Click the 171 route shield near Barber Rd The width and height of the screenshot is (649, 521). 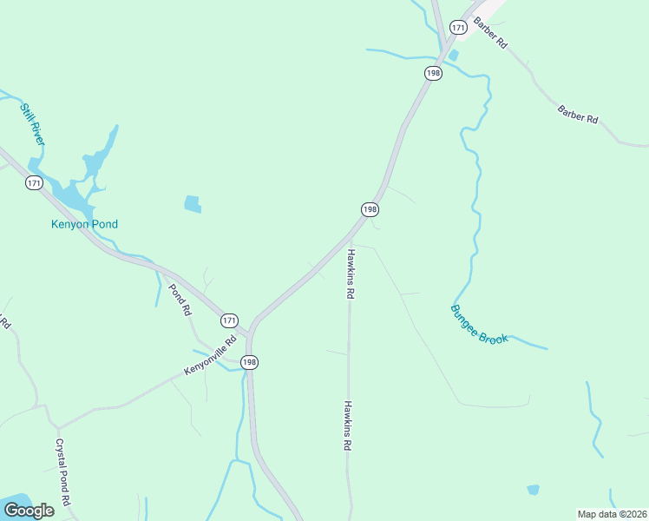[x=459, y=28]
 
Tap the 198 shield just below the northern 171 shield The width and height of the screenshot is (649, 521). [x=433, y=73]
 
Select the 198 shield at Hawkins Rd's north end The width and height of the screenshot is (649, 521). [x=370, y=209]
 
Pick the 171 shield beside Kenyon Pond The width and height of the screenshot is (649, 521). [x=34, y=182]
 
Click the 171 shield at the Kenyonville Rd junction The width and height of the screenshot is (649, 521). [x=228, y=320]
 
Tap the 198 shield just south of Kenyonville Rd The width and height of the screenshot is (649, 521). [x=250, y=362]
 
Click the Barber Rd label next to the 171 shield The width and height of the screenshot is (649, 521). [x=490, y=32]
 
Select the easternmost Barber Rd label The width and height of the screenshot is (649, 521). [x=579, y=114]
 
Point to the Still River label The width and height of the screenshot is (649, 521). [x=33, y=124]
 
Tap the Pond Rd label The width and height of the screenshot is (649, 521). [x=180, y=299]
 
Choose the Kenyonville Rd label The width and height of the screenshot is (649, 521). [x=210, y=356]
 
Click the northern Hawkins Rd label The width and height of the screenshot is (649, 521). [x=351, y=274]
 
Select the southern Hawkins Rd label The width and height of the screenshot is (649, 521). [x=347, y=425]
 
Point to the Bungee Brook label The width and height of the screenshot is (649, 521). [x=479, y=324]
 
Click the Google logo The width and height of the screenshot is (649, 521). [x=29, y=511]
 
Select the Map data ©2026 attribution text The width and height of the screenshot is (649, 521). [x=612, y=513]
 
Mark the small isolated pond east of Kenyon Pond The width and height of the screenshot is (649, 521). [x=193, y=205]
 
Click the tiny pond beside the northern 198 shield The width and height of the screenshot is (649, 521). [x=453, y=56]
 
